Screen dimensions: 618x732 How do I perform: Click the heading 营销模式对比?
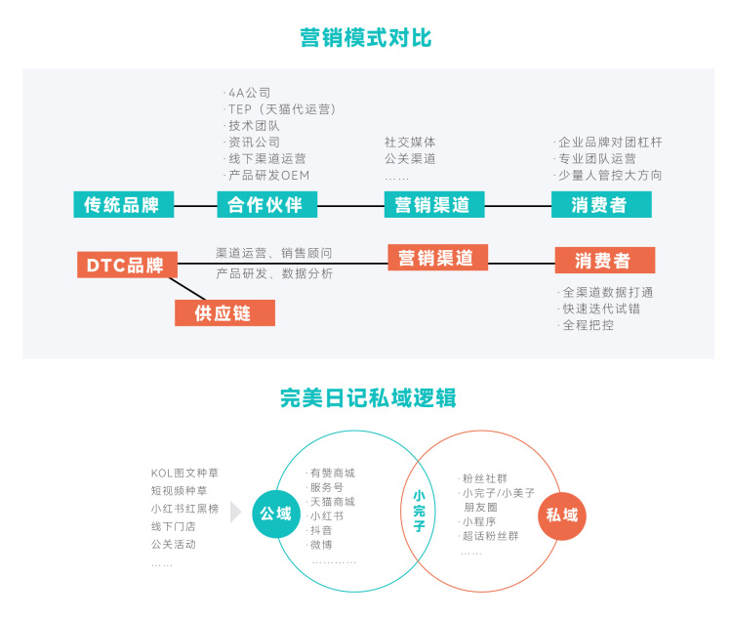pyautogui.click(x=366, y=39)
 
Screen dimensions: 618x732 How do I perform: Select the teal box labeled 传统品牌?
pyautogui.click(x=122, y=204)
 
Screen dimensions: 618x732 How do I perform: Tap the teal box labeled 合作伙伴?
pyautogui.click(x=266, y=204)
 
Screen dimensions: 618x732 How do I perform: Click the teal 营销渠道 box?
pyautogui.click(x=432, y=204)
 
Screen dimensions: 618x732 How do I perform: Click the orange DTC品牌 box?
pyautogui.click(x=126, y=265)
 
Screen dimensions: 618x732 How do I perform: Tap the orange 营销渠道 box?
pyautogui.click(x=436, y=258)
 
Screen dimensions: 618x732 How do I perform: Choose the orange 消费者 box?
pyautogui.click(x=604, y=261)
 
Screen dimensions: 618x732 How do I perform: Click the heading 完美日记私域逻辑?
pyautogui.click(x=367, y=397)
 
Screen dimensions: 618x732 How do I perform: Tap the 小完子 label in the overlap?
pyautogui.click(x=419, y=511)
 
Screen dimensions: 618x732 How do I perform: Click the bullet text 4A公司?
pyautogui.click(x=250, y=93)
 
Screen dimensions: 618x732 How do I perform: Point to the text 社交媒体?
pyautogui.click(x=410, y=142)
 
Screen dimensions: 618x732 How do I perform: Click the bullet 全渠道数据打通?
pyautogui.click(x=607, y=292)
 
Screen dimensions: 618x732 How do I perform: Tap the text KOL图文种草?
pyautogui.click(x=186, y=473)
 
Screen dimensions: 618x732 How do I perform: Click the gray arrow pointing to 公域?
pyautogui.click(x=235, y=513)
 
